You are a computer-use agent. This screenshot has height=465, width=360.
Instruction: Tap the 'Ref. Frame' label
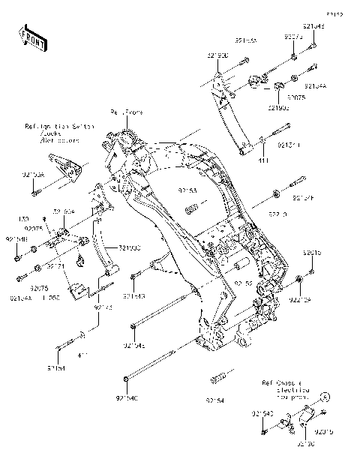pos(126,112)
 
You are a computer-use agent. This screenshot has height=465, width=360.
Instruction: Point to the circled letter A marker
pos(325,395)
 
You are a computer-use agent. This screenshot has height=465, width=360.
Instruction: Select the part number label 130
pos(22,219)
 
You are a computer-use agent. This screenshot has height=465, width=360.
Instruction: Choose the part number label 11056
pos(50,298)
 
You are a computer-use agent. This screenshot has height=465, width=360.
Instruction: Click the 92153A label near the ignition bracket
pos(33,174)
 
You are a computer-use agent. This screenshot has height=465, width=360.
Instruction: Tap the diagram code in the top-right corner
pos(333,13)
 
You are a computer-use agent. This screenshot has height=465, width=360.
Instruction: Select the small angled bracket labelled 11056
pos(77,289)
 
